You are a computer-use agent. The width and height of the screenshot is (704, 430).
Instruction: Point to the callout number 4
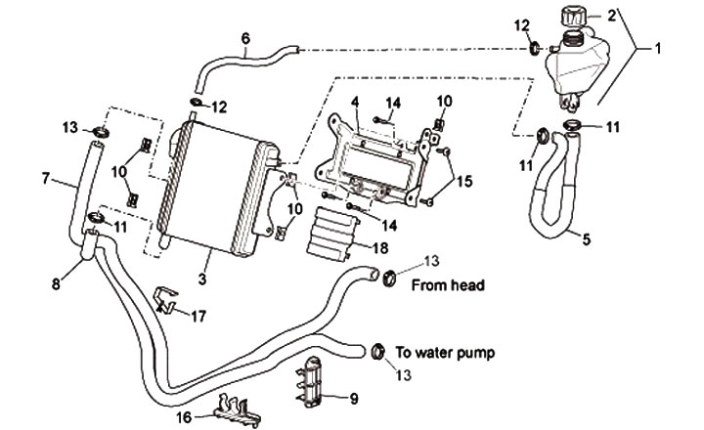pos(355,100)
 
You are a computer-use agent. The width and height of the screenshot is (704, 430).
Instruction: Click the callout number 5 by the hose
pos(586,238)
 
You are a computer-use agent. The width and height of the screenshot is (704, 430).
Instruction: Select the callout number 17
pos(198,316)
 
